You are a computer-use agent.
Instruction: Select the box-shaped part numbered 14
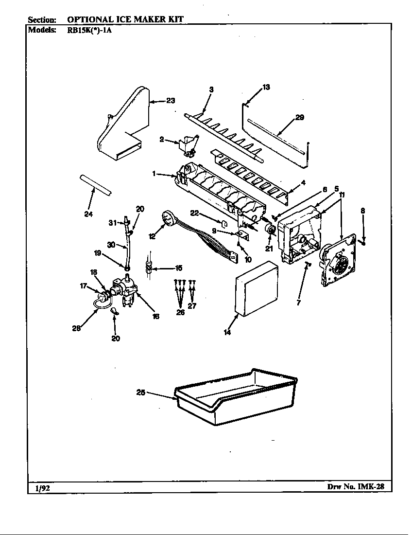point(256,290)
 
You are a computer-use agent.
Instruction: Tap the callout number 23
point(170,101)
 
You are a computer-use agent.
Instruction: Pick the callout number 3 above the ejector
point(211,89)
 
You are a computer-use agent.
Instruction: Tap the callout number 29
point(300,117)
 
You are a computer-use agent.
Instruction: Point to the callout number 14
point(227,333)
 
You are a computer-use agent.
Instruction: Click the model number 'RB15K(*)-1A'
point(91,29)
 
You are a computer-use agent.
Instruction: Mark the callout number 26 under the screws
point(180,312)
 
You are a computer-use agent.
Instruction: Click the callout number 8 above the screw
point(362,211)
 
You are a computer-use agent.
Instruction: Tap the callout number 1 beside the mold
point(154,174)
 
